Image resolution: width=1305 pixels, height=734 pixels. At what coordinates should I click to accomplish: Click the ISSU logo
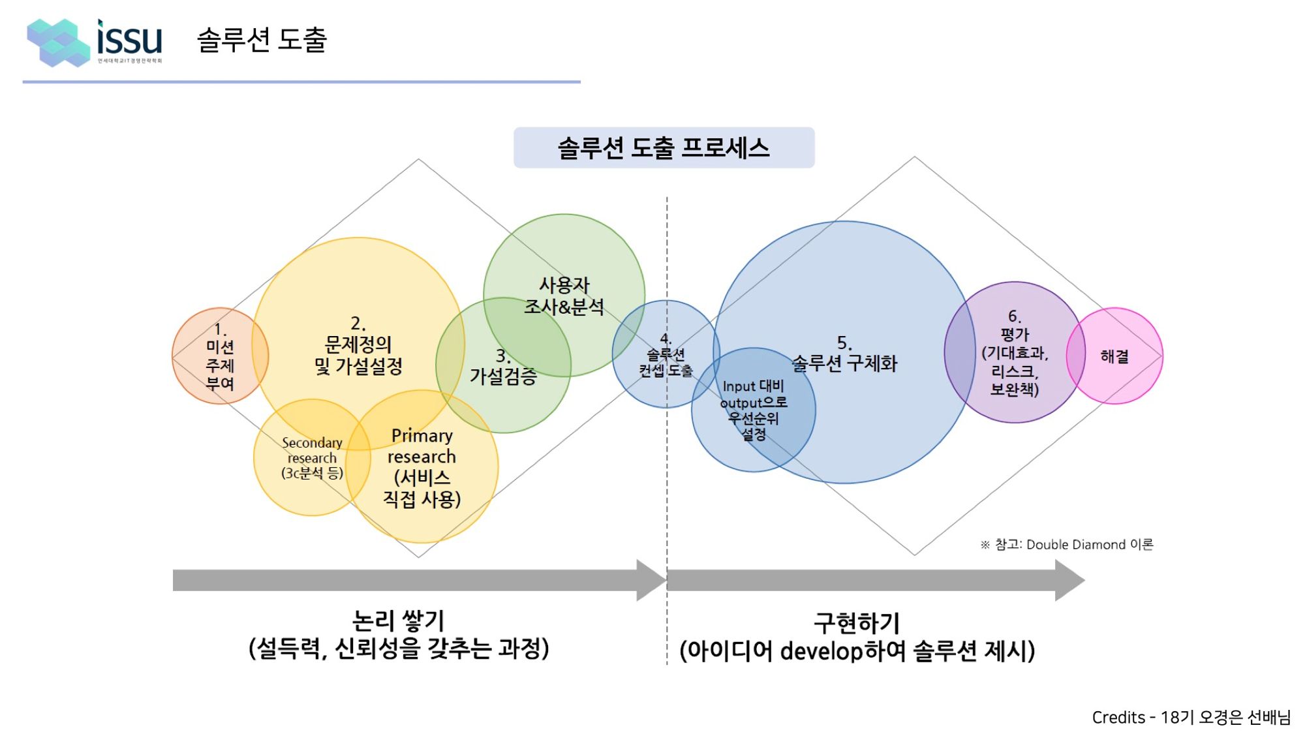point(95,42)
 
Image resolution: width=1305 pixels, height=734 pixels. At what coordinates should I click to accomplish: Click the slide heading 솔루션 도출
point(262,40)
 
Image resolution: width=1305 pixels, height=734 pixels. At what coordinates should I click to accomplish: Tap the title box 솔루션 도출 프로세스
point(664,148)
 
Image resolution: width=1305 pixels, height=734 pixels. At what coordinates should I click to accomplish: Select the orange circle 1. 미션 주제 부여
point(220,356)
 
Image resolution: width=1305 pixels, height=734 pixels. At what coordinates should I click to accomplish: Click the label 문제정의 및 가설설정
point(358,355)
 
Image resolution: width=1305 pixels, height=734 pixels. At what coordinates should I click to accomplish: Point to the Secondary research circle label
point(312,458)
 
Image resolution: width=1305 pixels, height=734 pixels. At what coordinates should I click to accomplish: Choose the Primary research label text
point(422,467)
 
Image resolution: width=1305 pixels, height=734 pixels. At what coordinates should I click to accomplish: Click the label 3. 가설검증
point(503,367)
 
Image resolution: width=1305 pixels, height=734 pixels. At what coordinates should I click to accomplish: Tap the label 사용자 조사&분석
point(564,296)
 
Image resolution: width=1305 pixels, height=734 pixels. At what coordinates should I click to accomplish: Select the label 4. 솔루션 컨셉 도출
point(666,355)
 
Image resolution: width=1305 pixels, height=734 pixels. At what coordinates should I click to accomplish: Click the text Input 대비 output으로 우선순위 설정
point(754,410)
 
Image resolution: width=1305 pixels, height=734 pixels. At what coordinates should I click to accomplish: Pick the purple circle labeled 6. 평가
point(1015,353)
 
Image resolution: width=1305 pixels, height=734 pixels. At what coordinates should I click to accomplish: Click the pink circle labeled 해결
point(1114,356)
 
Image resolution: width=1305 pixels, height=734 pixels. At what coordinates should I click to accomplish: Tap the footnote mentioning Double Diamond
point(1067,544)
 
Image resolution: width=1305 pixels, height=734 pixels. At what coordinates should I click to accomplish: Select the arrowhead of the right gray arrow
point(1069,580)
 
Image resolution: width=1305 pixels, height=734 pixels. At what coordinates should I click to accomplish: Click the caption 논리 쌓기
point(398,620)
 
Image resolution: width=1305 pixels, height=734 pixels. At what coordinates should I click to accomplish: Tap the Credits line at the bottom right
point(1191,717)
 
